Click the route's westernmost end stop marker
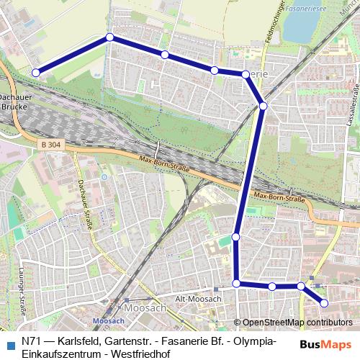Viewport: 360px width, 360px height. tap(35, 72)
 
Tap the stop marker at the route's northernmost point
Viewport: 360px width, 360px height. tap(109, 37)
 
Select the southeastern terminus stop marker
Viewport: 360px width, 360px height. tap(323, 303)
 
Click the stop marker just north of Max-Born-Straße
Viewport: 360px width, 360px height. tap(263, 106)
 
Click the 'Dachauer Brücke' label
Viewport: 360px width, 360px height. tap(12, 101)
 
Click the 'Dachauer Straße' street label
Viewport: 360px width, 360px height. tap(86, 205)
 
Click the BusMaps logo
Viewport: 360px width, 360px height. tap(325, 344)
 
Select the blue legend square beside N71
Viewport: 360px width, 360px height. tap(10, 343)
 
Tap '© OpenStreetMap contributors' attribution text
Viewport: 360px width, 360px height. tap(297, 323)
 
